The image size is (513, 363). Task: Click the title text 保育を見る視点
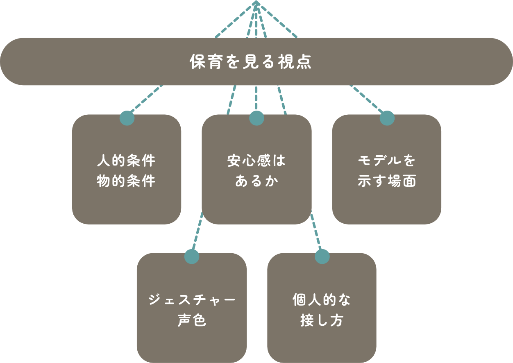click(x=251, y=62)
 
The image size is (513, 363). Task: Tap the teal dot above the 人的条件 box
click(x=127, y=118)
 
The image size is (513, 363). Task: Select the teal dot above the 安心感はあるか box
click(x=256, y=118)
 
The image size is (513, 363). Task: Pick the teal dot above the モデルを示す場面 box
click(x=387, y=118)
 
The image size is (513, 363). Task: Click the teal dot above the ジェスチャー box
click(x=192, y=256)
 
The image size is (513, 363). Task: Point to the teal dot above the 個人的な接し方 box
click(x=322, y=256)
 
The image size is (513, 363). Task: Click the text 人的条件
click(x=126, y=161)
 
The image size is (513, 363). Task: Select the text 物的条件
click(x=126, y=181)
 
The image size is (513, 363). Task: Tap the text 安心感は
click(x=256, y=161)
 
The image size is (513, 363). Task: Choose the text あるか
click(x=256, y=181)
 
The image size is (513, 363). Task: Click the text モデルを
click(x=387, y=161)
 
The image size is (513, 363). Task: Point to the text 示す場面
click(x=387, y=181)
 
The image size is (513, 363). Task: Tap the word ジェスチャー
click(x=192, y=300)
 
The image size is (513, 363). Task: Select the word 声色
click(x=192, y=320)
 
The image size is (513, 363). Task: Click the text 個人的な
click(x=322, y=300)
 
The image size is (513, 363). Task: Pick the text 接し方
click(x=322, y=320)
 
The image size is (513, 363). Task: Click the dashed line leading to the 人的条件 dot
click(x=146, y=98)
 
